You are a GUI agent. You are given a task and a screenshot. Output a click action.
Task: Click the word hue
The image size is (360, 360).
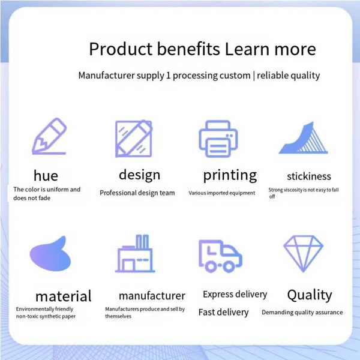pyautogui.click(x=46, y=176)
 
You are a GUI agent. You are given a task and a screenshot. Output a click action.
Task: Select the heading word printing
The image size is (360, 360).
pyautogui.click(x=230, y=175)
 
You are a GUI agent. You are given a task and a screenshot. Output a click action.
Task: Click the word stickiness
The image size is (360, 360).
pyautogui.click(x=309, y=176)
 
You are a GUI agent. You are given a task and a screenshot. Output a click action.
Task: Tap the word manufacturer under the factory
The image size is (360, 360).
pyautogui.click(x=152, y=296)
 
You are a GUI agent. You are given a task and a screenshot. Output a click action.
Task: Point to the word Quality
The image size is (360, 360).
pyautogui.click(x=310, y=295)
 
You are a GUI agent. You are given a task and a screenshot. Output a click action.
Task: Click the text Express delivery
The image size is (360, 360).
pyautogui.click(x=235, y=295)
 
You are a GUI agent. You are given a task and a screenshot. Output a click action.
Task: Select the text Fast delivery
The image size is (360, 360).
pyautogui.click(x=223, y=312)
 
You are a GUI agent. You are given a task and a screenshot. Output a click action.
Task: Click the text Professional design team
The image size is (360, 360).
pyautogui.click(x=137, y=193)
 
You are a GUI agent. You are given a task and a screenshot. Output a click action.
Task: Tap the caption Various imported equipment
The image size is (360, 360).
pyautogui.click(x=222, y=193)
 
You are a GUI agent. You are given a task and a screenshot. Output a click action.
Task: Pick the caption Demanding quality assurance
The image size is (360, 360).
pyautogui.click(x=302, y=312)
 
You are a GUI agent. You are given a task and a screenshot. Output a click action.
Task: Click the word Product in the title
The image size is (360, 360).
pyautogui.click(x=121, y=49)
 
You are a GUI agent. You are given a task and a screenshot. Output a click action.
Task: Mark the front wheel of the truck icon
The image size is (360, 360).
pyautogui.click(x=229, y=266)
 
